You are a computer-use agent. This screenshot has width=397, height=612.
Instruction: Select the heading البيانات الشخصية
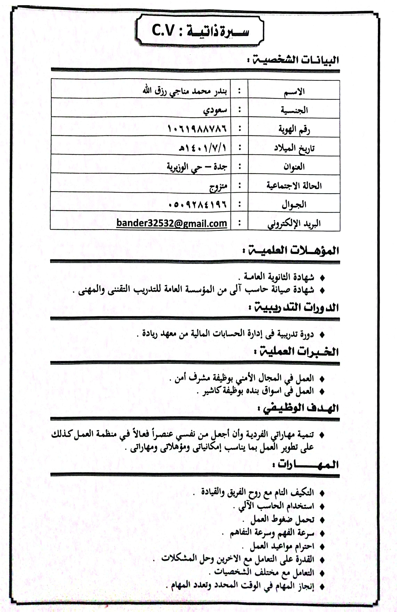click(295, 60)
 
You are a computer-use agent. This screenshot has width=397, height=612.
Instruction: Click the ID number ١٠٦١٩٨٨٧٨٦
click(197, 129)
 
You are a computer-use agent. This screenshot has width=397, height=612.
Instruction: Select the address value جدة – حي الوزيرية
click(197, 167)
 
